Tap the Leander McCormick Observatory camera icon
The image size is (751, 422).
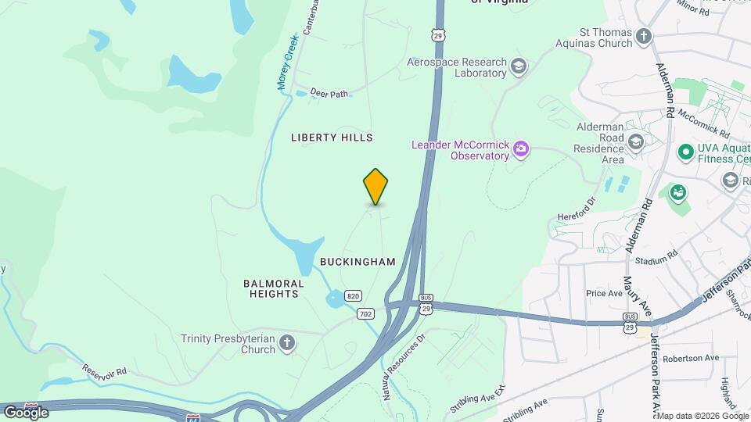click(x=521, y=148)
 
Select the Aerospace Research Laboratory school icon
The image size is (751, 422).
click(x=518, y=66)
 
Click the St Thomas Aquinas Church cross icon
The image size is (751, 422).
click(x=643, y=37)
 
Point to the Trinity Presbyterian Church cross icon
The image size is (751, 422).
click(x=287, y=343)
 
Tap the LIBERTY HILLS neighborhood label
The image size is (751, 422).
click(x=332, y=138)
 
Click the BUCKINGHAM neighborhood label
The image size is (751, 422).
click(x=358, y=262)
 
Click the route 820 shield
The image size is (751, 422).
click(x=353, y=295)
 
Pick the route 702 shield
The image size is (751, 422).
click(x=365, y=313)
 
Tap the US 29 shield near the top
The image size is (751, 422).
click(x=440, y=34)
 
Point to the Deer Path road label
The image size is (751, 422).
click(x=329, y=93)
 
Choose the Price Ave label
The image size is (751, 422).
click(x=604, y=293)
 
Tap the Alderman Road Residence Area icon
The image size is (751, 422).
click(x=636, y=141)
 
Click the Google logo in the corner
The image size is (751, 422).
click(x=26, y=412)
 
